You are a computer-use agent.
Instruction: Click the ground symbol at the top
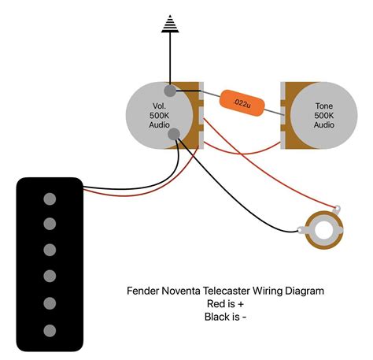pyautogui.click(x=169, y=25)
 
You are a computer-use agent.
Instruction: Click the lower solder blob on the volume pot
pyautogui.click(x=175, y=135)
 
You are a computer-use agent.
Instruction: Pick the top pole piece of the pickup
pyautogui.click(x=50, y=197)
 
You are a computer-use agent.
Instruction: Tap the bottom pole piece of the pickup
pyautogui.click(x=50, y=329)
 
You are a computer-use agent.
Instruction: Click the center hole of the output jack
pyautogui.click(x=321, y=232)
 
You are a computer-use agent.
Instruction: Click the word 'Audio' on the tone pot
pyautogui.click(x=323, y=125)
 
